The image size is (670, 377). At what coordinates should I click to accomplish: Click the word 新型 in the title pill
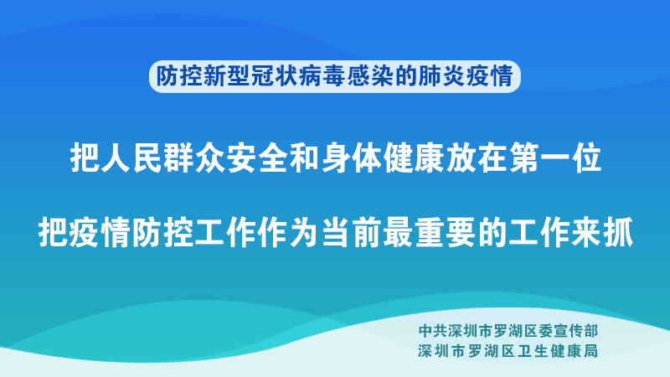226,77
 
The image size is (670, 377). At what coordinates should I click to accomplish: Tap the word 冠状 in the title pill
274,77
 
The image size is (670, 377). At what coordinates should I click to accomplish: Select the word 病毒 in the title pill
322,77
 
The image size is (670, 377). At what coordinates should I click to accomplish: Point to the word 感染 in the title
369,77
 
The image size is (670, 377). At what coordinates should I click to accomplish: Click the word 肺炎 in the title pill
441,77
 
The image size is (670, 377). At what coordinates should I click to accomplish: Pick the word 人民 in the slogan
117,158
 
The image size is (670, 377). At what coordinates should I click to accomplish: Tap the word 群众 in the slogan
179,158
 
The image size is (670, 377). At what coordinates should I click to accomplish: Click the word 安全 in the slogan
242,158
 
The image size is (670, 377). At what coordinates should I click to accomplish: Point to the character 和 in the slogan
305,158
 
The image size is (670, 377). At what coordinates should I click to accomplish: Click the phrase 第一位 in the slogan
556,158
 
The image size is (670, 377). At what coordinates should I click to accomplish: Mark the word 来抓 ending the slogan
602,233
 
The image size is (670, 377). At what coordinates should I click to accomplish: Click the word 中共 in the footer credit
432,330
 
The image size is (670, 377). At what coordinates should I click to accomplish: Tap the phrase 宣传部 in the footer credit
576,330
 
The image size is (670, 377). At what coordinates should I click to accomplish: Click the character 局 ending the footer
591,351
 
